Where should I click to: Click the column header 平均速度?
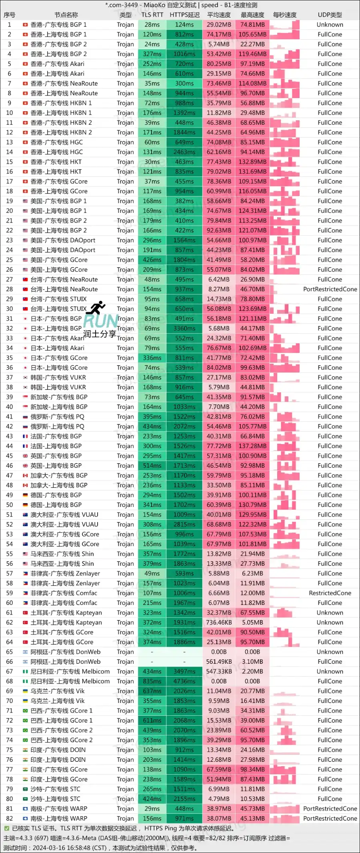click(x=219, y=15)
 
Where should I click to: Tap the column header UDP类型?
click(x=330, y=15)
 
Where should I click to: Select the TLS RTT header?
click(x=152, y=15)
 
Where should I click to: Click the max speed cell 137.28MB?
click(x=252, y=446)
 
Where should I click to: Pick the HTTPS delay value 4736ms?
click(x=184, y=681)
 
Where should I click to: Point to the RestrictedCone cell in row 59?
click(x=330, y=593)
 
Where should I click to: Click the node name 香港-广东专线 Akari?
click(x=57, y=64)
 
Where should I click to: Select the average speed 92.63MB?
click(x=219, y=230)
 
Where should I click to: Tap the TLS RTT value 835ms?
click(x=152, y=681)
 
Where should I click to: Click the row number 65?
click(x=10, y=652)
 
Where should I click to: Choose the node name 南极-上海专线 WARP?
click(x=59, y=819)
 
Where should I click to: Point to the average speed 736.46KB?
click(x=219, y=623)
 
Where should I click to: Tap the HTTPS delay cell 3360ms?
click(x=184, y=328)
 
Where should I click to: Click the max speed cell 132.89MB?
click(x=252, y=162)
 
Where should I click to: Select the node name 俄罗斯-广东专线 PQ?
click(x=57, y=416)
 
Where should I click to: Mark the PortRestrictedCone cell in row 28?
click(x=330, y=289)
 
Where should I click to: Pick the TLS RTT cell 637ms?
click(x=152, y=691)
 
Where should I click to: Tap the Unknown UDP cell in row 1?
click(x=330, y=25)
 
